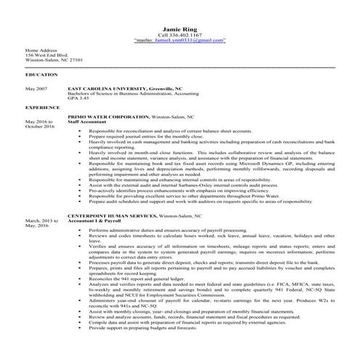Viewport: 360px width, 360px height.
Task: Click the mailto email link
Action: (180, 41)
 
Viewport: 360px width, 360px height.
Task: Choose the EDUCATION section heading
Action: (41, 75)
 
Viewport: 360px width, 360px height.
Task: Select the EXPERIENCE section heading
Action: (42, 107)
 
